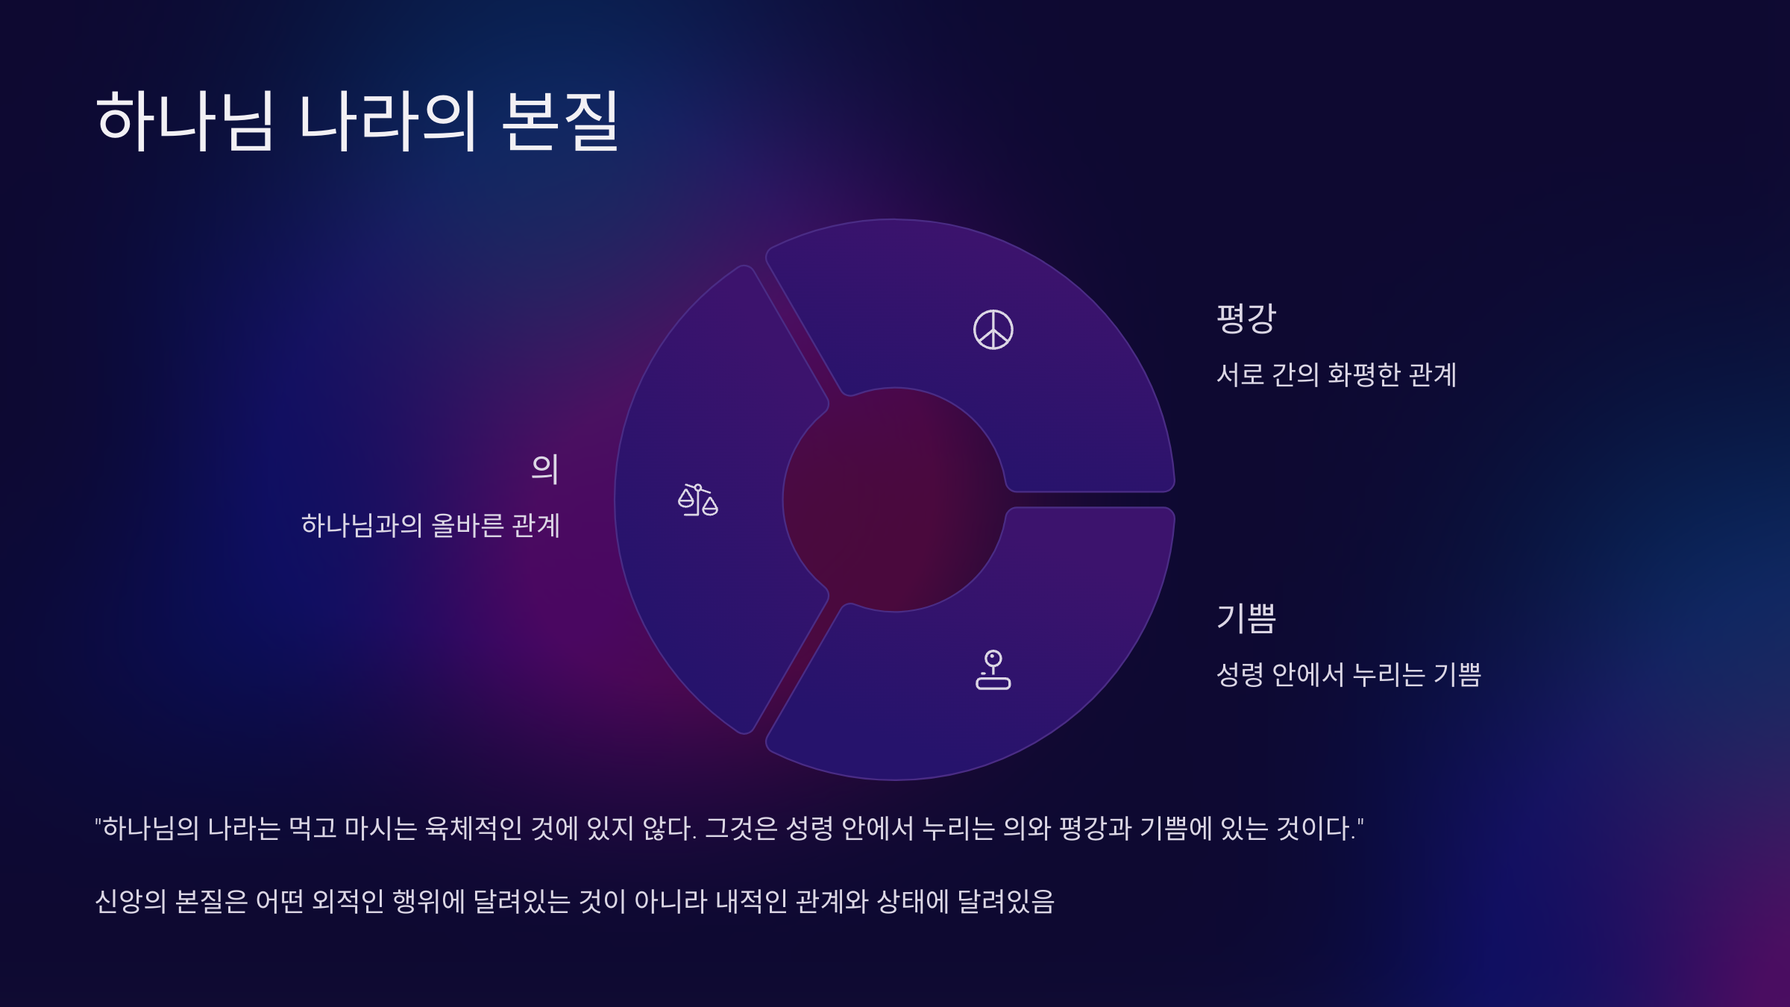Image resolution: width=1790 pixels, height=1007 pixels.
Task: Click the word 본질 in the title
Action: click(560, 120)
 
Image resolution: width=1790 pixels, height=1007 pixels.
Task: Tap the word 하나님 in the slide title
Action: click(185, 120)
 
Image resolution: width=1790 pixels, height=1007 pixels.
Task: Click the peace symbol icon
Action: click(993, 330)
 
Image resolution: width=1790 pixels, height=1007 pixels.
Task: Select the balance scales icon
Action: click(698, 500)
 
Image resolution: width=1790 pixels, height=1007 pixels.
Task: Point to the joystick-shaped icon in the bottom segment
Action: click(993, 670)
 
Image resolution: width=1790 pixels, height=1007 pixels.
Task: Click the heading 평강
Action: click(1246, 319)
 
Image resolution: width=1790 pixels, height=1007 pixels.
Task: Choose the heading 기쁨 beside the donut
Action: click(1246, 618)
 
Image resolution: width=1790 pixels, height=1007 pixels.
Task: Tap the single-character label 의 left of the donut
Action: click(545, 469)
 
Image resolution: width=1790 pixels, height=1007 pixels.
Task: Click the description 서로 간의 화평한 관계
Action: click(1337, 374)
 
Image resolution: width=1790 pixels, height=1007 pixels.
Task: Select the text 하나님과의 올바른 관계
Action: click(430, 525)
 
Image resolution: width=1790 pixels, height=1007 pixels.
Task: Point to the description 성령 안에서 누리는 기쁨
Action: click(1348, 674)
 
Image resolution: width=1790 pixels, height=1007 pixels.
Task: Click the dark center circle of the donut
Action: click(895, 500)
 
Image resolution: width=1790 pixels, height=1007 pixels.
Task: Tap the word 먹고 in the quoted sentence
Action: click(313, 828)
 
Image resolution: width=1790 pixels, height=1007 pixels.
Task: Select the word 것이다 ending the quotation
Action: click(1320, 828)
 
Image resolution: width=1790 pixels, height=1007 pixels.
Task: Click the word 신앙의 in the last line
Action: click(131, 901)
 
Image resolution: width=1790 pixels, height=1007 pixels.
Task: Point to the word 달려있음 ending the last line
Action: click(1006, 901)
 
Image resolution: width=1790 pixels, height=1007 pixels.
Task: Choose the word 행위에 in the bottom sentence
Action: click(429, 901)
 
